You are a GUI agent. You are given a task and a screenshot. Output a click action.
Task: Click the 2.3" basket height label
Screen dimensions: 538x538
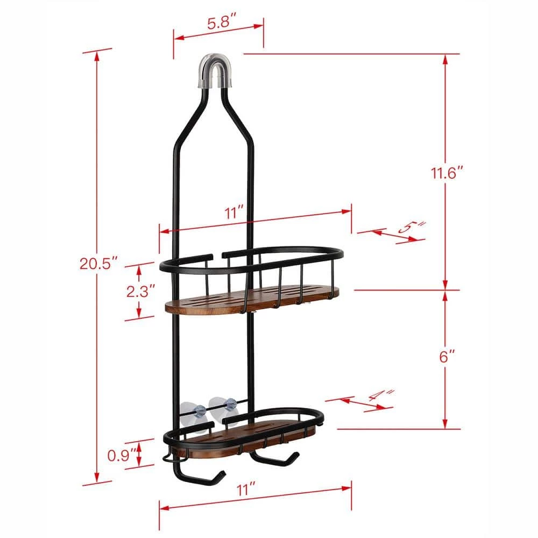[x=141, y=291]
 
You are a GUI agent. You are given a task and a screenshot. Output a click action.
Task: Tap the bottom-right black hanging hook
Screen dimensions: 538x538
[x=275, y=461]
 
